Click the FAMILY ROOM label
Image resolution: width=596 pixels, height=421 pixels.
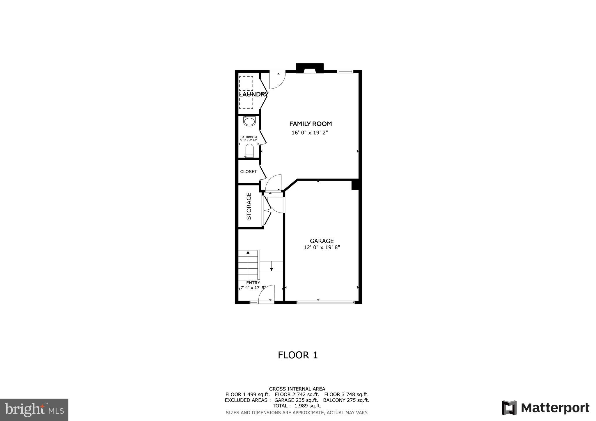pos(311,124)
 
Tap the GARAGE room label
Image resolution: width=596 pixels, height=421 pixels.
pos(322,241)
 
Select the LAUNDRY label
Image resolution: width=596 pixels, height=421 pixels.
pos(253,94)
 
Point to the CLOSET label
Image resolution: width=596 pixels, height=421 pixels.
pos(249,172)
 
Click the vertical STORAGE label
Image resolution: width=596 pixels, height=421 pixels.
pos(249,206)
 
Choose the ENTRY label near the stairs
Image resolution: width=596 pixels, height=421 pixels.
pos(253,283)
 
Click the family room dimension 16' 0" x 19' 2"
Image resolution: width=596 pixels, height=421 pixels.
pos(312,133)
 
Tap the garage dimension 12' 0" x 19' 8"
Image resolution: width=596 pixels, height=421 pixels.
pos(322,247)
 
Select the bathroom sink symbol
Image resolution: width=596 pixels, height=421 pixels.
pos(249,121)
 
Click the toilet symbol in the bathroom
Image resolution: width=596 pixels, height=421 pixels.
pos(249,151)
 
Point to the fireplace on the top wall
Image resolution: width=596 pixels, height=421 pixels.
pos(310,69)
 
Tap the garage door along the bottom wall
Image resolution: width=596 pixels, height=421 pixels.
pos(325,302)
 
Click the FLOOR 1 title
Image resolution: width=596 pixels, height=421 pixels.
pos(298,355)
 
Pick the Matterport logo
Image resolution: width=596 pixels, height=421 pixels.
pos(546,408)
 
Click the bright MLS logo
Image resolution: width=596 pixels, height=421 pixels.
pos(34,410)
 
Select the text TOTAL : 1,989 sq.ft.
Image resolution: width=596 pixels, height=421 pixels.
pos(297,406)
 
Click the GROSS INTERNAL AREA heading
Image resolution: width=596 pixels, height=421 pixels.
pos(297,389)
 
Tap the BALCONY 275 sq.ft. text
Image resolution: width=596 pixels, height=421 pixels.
pos(346,400)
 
